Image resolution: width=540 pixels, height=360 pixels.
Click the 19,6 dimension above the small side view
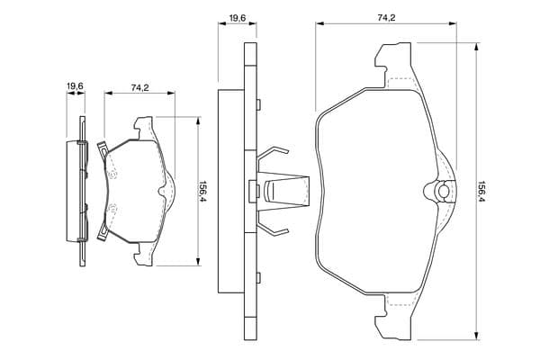[x=75, y=86]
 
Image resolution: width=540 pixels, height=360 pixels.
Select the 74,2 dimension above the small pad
[x=139, y=87]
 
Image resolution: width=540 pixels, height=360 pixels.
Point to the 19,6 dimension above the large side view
[x=238, y=16]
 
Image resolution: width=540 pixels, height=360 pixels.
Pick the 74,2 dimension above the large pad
[x=386, y=16]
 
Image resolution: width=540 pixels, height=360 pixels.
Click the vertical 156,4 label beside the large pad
[x=482, y=191]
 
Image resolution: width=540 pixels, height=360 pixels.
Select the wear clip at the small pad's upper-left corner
[x=102, y=146]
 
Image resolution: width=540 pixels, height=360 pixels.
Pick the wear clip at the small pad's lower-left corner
[x=102, y=235]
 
